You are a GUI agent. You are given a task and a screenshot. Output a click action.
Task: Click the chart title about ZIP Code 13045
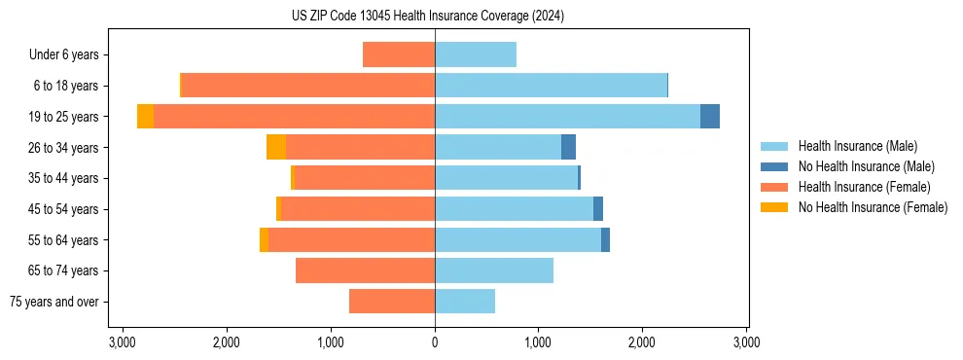427,17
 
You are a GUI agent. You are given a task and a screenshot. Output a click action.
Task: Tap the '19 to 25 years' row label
64,117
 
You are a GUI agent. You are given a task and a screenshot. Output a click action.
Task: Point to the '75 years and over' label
53,302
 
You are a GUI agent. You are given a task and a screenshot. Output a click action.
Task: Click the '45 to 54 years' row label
64,209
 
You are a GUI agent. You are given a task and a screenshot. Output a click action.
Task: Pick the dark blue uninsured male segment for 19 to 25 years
710,117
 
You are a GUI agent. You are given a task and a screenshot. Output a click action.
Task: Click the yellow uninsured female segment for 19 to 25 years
145,117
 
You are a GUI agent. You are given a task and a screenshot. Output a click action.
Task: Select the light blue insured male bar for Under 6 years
476,54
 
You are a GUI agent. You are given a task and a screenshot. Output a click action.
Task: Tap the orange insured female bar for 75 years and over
392,302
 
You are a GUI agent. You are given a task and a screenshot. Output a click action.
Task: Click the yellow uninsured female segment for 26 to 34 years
276,147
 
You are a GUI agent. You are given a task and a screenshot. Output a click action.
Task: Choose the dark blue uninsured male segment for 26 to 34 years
568,147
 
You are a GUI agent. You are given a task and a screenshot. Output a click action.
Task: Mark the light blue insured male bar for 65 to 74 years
494,270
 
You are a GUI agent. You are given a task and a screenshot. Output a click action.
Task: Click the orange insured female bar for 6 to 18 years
308,86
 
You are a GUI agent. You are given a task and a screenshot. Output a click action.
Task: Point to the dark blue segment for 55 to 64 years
605,239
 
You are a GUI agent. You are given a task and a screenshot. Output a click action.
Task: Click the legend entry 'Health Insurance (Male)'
857,146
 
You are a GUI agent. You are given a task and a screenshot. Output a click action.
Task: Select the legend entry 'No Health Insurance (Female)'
872,207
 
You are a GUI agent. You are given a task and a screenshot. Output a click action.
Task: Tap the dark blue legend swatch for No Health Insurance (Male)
774,166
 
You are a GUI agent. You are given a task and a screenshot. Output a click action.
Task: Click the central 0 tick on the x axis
435,342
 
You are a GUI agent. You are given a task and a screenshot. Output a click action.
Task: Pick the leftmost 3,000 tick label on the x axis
123,342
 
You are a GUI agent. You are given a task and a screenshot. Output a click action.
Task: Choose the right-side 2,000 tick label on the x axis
642,342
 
